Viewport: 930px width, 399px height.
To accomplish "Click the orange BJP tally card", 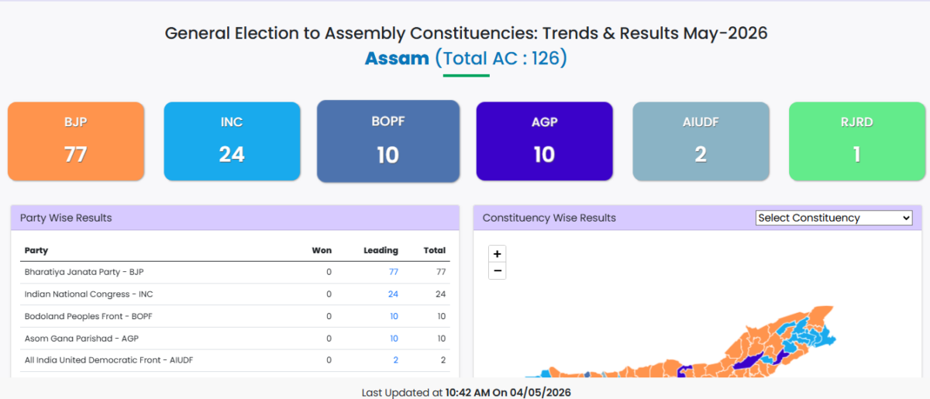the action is (76, 141).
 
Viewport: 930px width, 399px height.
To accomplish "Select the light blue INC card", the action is (232, 141).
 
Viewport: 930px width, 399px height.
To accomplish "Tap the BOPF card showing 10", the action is (388, 141).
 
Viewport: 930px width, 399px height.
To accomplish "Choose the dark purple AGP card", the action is (544, 141).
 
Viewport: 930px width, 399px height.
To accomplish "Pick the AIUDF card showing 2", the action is (701, 141).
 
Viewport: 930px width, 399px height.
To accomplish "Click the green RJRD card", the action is (857, 141).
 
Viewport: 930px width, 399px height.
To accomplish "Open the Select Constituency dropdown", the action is (834, 218).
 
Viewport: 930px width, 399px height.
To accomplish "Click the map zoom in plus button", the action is (497, 253).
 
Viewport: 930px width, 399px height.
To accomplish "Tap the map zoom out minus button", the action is (497, 271).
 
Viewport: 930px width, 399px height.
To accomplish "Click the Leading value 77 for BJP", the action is (394, 272).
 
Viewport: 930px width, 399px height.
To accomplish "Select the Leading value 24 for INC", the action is (393, 294).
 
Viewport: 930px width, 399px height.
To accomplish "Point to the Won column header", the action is (322, 250).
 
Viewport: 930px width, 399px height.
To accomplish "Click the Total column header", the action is (434, 250).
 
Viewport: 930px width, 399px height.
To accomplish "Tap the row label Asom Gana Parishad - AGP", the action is (81, 339).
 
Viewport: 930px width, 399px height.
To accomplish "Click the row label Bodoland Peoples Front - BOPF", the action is (88, 316).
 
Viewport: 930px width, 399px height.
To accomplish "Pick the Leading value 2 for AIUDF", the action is (396, 360).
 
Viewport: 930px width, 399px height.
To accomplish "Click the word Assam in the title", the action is (397, 58).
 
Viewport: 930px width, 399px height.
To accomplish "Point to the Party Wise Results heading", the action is (66, 218).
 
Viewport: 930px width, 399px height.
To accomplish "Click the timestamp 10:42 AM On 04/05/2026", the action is (508, 392).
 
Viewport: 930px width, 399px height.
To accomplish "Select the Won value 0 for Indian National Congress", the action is (329, 294).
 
